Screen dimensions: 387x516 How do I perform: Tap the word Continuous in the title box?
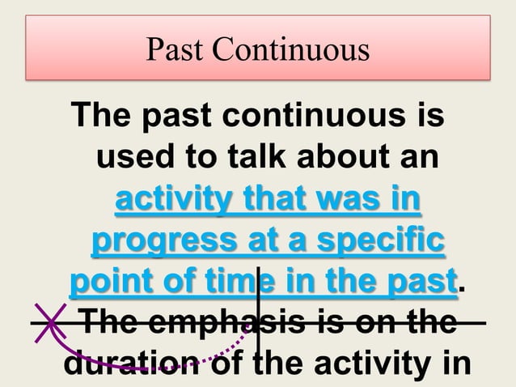[292, 50]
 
